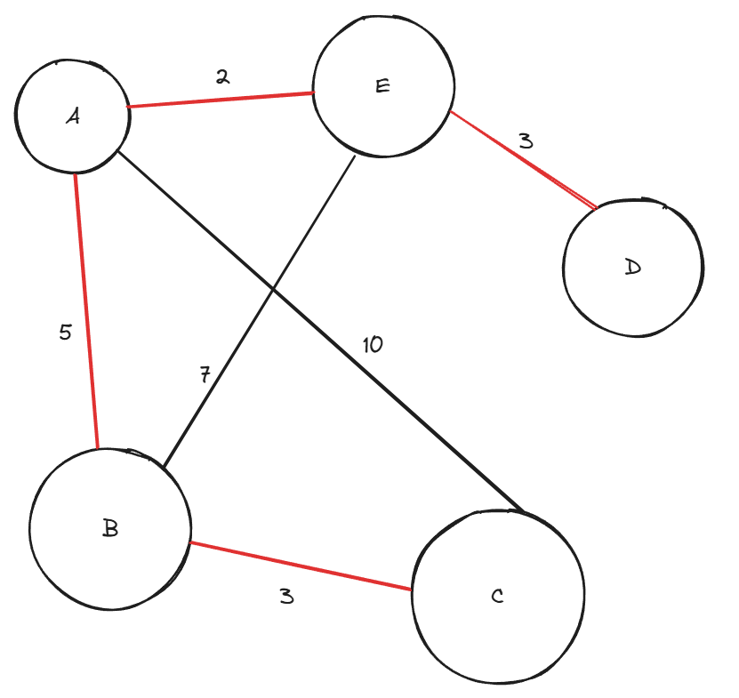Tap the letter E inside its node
click(383, 85)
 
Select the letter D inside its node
click(632, 267)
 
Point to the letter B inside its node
click(110, 528)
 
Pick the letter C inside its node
click(497, 596)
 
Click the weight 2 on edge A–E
click(222, 76)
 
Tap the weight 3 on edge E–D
click(526, 140)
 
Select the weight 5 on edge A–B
click(65, 333)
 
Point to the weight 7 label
click(205, 375)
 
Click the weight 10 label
click(373, 344)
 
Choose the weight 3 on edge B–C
click(285, 596)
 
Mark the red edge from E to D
click(523, 160)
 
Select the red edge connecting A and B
click(86, 311)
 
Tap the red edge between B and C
click(302, 566)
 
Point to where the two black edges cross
click(273, 290)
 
